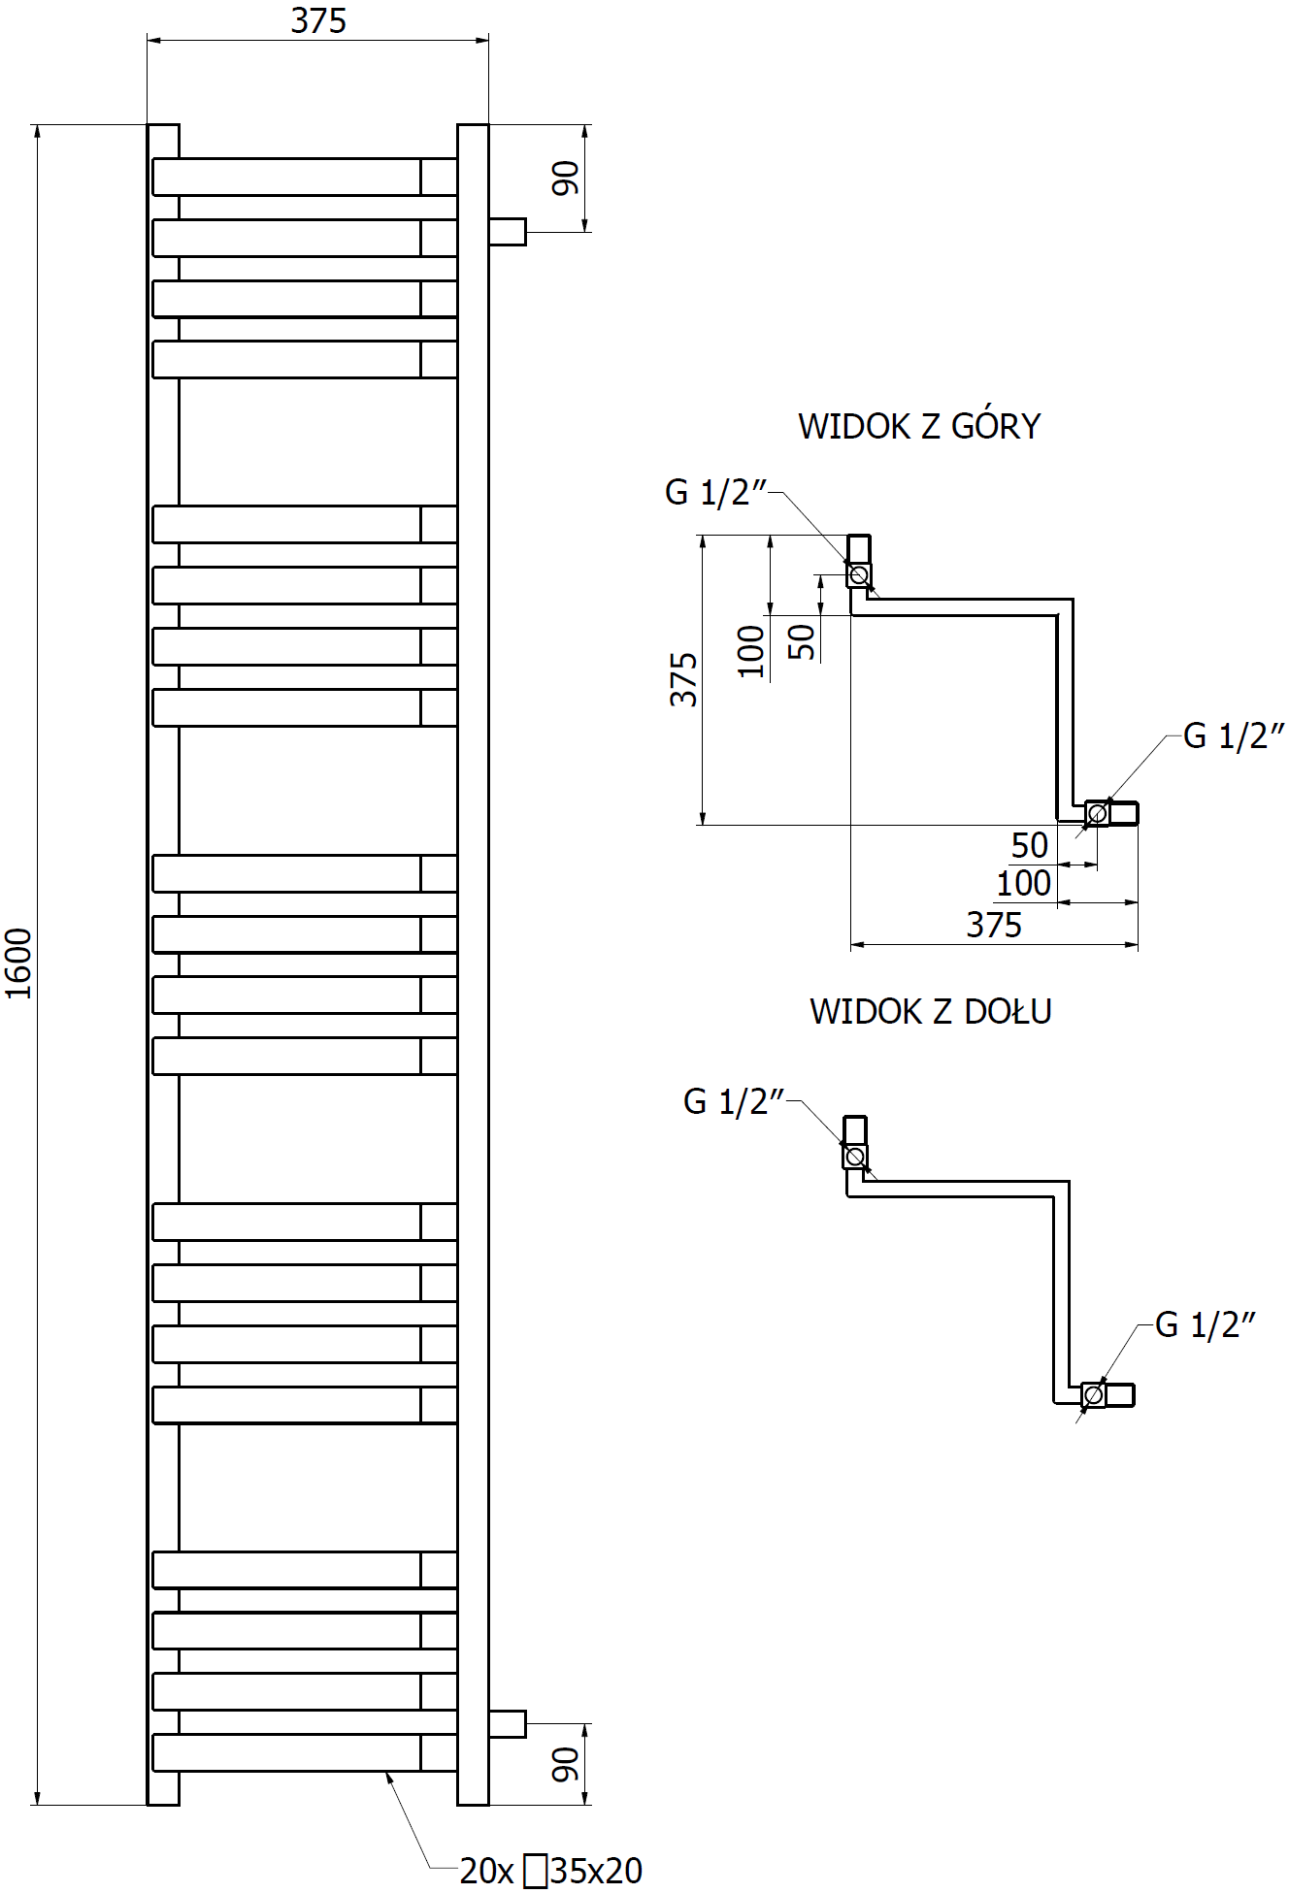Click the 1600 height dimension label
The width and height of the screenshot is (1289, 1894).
tap(19, 963)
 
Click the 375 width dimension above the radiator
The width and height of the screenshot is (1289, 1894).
tap(318, 21)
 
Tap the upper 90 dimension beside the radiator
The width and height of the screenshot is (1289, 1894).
tap(565, 179)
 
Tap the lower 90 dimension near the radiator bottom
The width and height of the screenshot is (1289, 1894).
tap(565, 1765)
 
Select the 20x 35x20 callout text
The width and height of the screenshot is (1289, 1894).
tap(550, 1870)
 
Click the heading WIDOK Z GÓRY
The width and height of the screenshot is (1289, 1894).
tap(918, 426)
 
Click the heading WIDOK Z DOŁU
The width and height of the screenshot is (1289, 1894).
tap(930, 1011)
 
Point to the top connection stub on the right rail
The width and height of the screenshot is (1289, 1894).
tap(507, 232)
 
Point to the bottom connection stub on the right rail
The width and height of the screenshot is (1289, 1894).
tap(507, 1724)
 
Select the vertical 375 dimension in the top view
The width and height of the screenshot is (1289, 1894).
tap(683, 679)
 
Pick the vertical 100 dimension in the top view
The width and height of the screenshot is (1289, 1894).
tap(751, 650)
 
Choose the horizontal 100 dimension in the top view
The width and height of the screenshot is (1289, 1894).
tap(1023, 884)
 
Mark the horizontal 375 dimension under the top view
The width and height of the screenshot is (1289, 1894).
tap(994, 925)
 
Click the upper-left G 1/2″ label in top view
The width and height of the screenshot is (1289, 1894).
tap(715, 492)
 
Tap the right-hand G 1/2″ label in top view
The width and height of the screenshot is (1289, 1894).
tap(1233, 736)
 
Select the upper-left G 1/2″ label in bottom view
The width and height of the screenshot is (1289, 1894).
tap(733, 1101)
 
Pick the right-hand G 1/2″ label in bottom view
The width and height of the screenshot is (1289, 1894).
tap(1205, 1324)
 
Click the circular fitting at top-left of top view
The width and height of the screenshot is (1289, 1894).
tap(858, 575)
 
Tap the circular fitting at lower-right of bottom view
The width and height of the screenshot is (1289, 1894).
tap(1093, 1395)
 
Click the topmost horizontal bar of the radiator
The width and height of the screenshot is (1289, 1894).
tap(287, 177)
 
